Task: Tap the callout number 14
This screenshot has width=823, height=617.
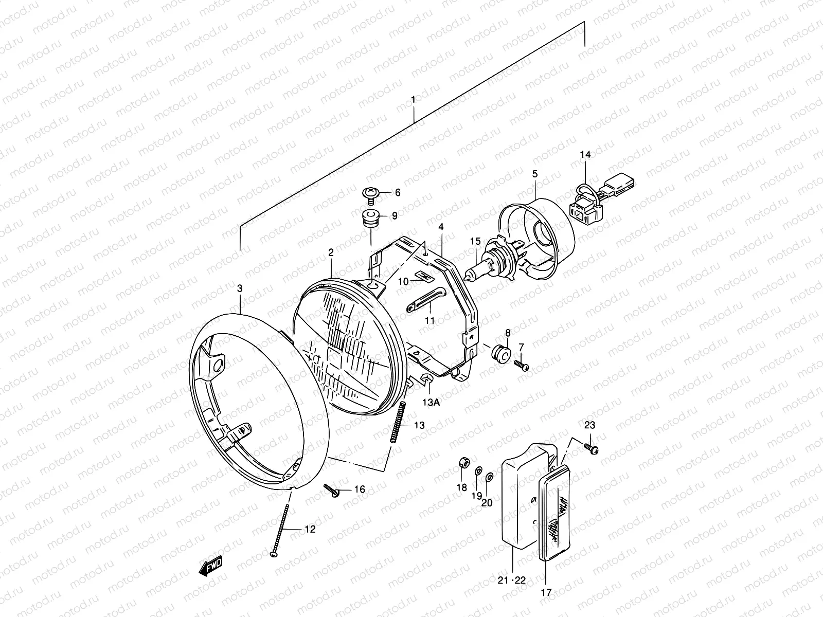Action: (x=586, y=155)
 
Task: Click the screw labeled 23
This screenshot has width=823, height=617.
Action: (x=591, y=448)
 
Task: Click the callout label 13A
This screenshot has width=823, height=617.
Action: (x=432, y=403)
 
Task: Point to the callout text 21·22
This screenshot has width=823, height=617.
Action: (x=512, y=580)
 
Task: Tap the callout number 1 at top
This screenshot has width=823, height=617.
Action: (x=414, y=97)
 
